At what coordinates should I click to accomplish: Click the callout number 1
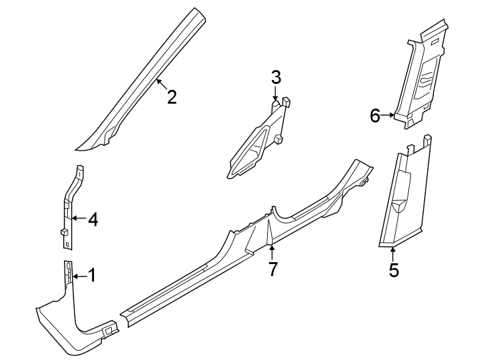click(92, 275)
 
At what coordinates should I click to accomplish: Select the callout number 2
click(172, 97)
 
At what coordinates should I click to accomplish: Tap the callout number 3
click(276, 77)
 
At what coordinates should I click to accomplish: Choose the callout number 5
click(394, 271)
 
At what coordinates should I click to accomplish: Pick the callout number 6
click(376, 115)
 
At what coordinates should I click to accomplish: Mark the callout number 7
click(272, 269)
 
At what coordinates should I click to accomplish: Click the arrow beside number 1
click(79, 275)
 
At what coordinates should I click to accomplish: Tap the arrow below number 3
click(276, 95)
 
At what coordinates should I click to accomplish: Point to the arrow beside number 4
click(79, 218)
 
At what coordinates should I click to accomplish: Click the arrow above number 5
click(394, 254)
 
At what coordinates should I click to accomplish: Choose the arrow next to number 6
click(389, 115)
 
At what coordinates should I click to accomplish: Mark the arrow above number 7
click(272, 251)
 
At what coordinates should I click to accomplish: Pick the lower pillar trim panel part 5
click(403, 197)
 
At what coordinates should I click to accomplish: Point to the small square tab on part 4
click(64, 233)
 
